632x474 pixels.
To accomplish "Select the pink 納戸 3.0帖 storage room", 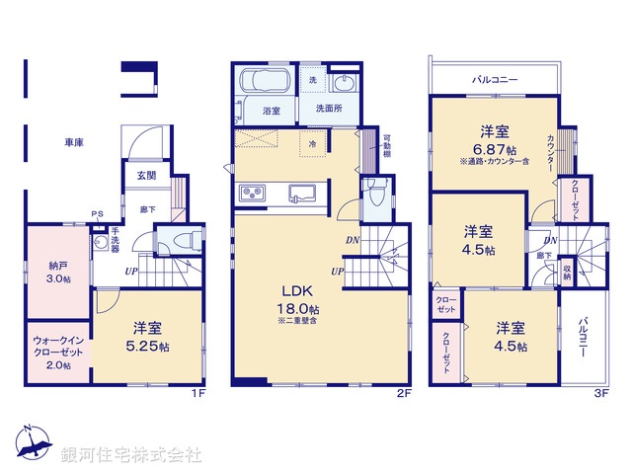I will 58,271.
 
